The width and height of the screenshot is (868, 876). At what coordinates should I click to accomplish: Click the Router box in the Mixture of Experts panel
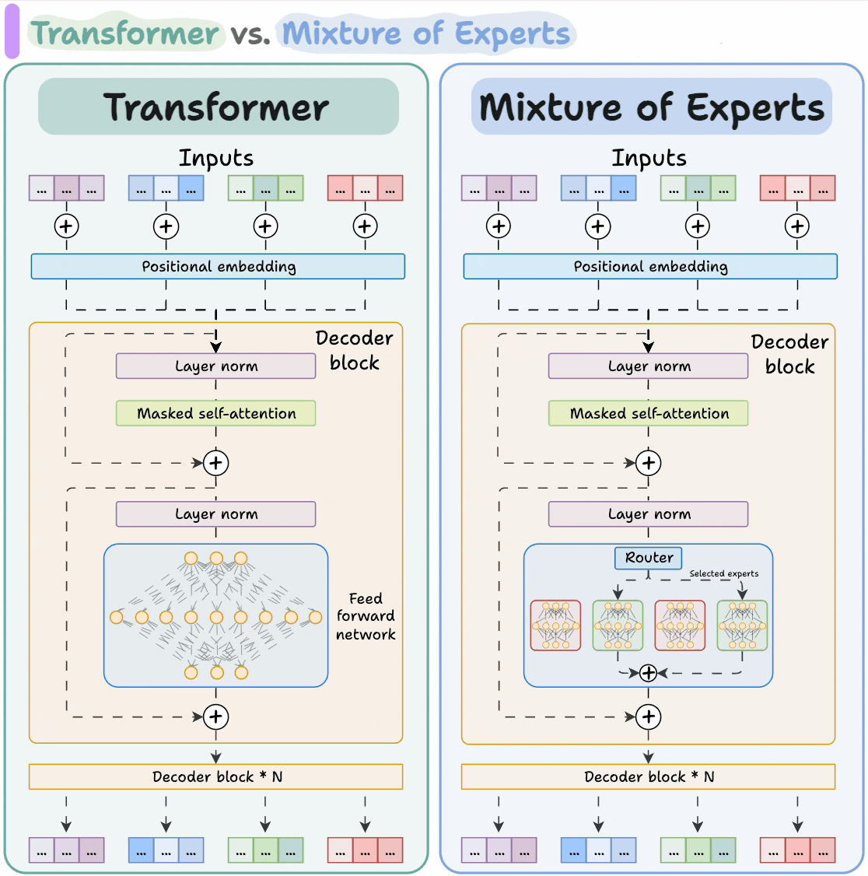[x=649, y=558]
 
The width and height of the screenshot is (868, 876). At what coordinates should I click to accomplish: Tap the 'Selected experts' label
[x=723, y=573]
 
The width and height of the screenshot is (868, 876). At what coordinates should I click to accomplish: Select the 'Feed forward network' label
[x=366, y=616]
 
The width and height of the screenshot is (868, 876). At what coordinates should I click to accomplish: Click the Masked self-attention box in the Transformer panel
[x=216, y=413]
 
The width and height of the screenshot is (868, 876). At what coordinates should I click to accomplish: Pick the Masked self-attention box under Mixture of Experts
[x=649, y=413]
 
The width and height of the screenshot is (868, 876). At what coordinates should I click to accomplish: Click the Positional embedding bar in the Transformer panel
[x=218, y=266]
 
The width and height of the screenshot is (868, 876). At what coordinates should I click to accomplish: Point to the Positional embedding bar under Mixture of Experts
[x=650, y=266]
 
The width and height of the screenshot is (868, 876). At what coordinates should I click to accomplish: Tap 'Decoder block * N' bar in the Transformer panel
[x=216, y=776]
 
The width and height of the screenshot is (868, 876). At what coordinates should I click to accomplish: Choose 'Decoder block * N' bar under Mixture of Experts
[x=649, y=776]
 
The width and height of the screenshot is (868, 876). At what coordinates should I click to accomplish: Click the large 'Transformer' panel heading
[x=217, y=107]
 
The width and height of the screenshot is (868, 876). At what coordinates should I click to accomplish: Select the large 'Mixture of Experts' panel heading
[x=652, y=107]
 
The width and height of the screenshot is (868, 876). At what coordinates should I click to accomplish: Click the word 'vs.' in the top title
[x=250, y=33]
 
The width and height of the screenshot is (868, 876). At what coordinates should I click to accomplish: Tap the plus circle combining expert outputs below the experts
[x=648, y=673]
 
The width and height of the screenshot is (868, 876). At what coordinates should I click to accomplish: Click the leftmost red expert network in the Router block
[x=555, y=625]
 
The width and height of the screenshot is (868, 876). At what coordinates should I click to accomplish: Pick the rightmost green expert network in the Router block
[x=742, y=625]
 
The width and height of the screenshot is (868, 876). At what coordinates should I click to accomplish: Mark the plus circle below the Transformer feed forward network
[x=215, y=717]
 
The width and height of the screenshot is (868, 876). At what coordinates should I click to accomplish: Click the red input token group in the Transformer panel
[x=365, y=188]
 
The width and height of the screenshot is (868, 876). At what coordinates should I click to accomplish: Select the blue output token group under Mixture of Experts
[x=598, y=850]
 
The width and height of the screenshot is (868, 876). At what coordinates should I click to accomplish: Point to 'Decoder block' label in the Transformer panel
[x=354, y=350]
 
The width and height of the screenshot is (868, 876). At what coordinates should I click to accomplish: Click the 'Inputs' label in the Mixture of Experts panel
[x=649, y=158]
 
